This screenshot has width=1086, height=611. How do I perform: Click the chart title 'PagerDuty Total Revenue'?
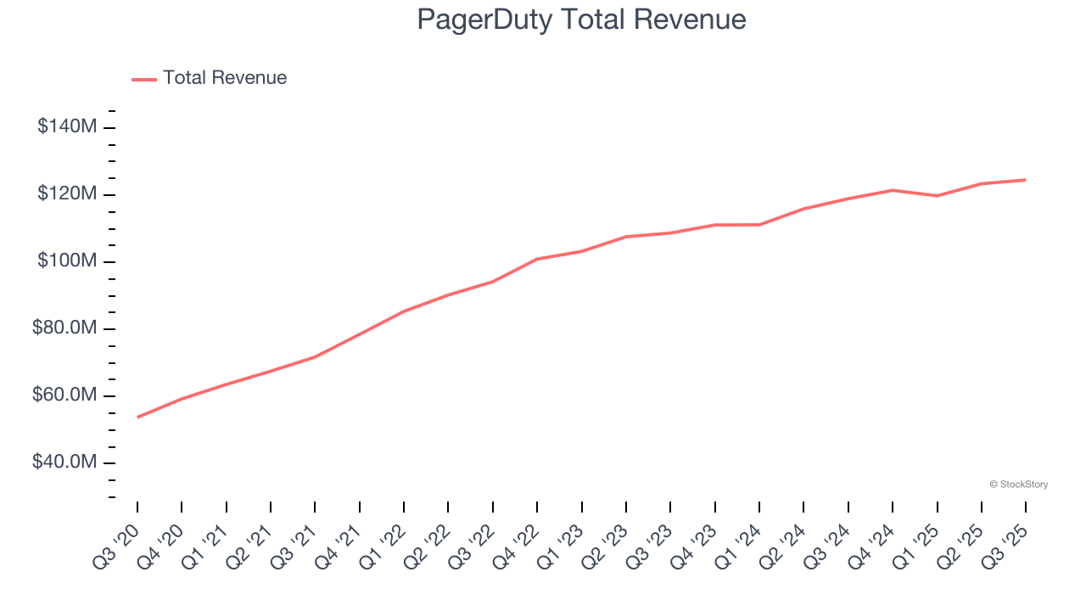pyautogui.click(x=581, y=20)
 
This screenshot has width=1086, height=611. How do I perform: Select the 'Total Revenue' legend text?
pyautogui.click(x=225, y=78)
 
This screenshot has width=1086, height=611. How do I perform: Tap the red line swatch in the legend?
pyautogui.click(x=144, y=79)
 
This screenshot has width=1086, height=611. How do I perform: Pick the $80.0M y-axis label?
pyautogui.click(x=64, y=328)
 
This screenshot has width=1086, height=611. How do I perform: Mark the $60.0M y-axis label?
pyautogui.click(x=64, y=395)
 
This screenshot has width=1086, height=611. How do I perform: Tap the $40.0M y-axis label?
pyautogui.click(x=64, y=462)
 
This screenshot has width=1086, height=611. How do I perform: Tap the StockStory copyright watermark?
pyautogui.click(x=1018, y=485)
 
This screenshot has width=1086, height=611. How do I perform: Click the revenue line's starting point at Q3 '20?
pyautogui.click(x=137, y=417)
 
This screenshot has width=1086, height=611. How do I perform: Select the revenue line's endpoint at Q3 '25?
pyautogui.click(x=1026, y=180)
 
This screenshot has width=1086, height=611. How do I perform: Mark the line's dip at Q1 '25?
pyautogui.click(x=937, y=196)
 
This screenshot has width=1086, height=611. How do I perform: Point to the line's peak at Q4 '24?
pyautogui.click(x=893, y=190)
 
